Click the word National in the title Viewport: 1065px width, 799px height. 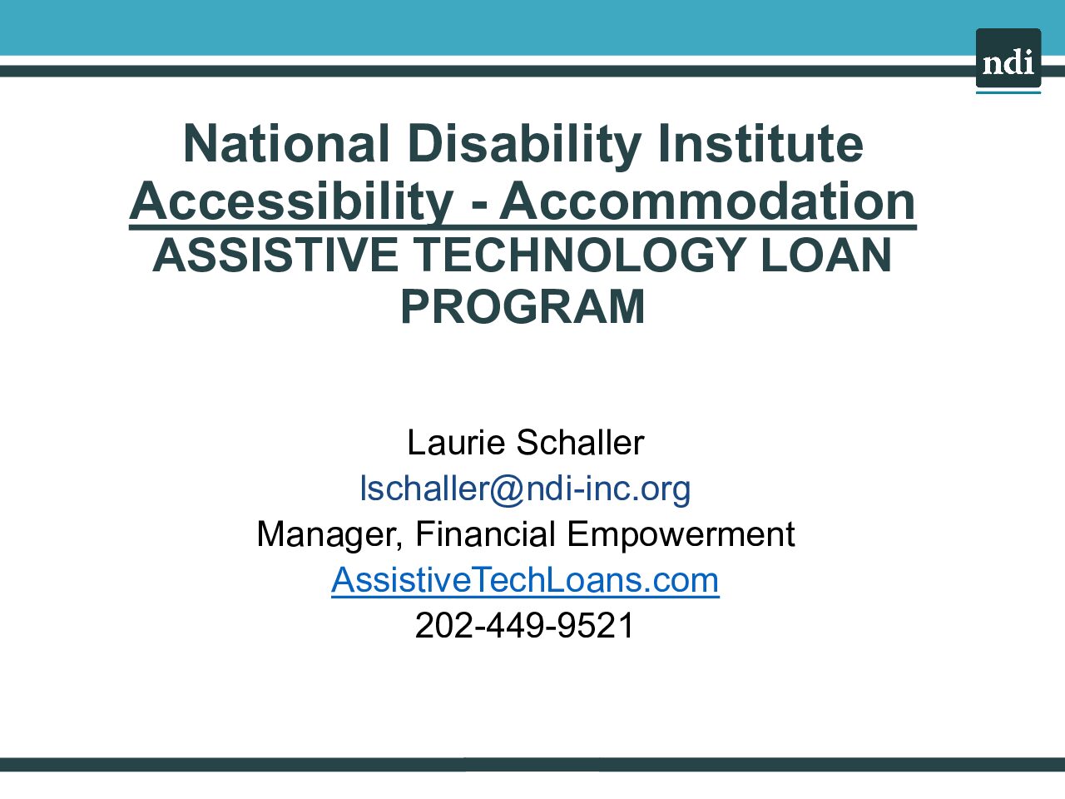point(286,144)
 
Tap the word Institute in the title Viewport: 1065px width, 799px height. point(760,143)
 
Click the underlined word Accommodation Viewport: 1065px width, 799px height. point(707,201)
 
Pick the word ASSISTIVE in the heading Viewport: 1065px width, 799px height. point(275,256)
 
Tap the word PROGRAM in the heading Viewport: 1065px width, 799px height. point(523,306)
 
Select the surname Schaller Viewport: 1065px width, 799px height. point(580,443)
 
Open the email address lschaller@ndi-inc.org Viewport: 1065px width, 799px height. point(525,489)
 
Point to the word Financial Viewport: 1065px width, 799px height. point(485,533)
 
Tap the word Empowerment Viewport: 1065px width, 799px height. point(681,535)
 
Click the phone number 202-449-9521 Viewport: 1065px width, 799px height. point(524,625)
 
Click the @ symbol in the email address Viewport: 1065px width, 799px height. point(507,489)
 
